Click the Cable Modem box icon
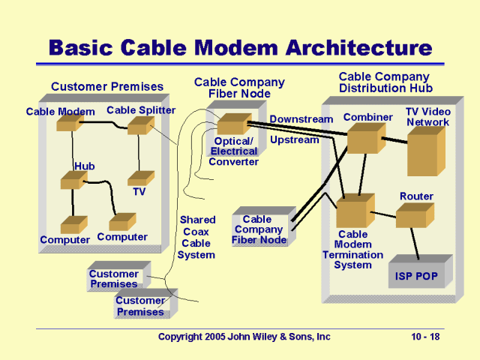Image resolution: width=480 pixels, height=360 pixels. point(68,124)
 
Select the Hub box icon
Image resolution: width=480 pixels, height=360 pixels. point(73,180)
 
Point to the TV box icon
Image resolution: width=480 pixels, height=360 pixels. point(140,178)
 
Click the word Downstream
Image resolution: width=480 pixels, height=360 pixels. point(301,119)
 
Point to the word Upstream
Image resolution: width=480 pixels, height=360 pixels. point(294,139)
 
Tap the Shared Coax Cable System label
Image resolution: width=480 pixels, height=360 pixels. point(196,238)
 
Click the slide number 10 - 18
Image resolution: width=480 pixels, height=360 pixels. point(425,337)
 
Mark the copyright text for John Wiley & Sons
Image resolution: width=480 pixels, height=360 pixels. point(244,337)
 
